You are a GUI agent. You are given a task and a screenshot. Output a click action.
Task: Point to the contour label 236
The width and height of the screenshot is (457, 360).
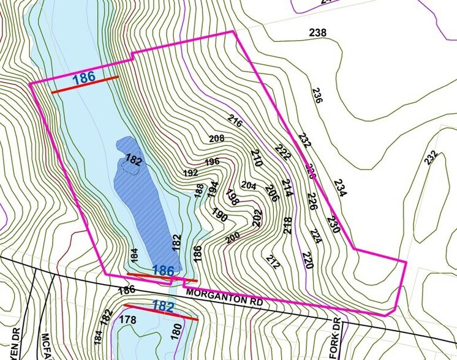[317, 96]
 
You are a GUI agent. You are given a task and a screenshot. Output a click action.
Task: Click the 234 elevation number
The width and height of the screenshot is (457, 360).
[341, 188]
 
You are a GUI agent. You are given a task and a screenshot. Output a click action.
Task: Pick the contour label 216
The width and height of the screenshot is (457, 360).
[235, 121]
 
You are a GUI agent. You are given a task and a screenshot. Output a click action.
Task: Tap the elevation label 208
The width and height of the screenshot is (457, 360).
[217, 138]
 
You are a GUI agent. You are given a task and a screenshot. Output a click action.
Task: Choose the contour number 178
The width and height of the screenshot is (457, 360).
[127, 319]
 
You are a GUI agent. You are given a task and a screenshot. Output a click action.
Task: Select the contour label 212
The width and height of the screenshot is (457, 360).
[273, 261]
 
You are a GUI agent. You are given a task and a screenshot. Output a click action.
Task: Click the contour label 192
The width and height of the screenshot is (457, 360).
[191, 173]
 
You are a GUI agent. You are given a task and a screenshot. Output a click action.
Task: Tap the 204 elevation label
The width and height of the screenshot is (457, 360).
[249, 185]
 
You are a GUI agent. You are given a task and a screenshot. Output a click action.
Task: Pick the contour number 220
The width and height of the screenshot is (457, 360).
[308, 260]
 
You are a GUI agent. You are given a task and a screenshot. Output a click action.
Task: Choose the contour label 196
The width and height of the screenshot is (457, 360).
[212, 162]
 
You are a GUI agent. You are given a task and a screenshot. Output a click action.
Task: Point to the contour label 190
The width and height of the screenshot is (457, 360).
[219, 216]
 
